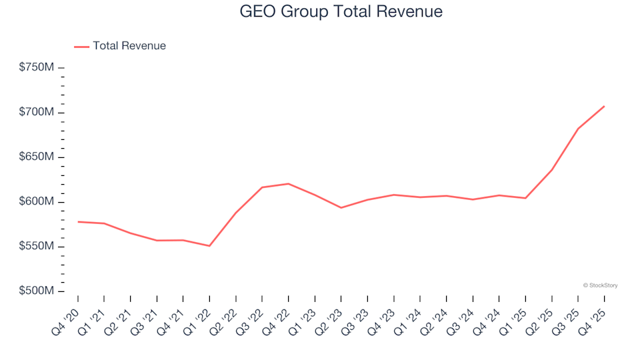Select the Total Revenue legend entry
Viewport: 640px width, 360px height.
(129, 46)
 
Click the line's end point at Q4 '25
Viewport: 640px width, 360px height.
(604, 106)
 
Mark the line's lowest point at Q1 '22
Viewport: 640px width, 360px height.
(209, 246)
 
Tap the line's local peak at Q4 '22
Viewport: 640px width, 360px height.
(288, 183)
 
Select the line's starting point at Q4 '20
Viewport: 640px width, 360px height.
(78, 221)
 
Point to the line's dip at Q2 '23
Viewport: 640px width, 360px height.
(341, 208)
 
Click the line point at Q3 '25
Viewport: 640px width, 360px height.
(578, 129)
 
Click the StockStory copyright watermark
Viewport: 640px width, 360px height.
(600, 285)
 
